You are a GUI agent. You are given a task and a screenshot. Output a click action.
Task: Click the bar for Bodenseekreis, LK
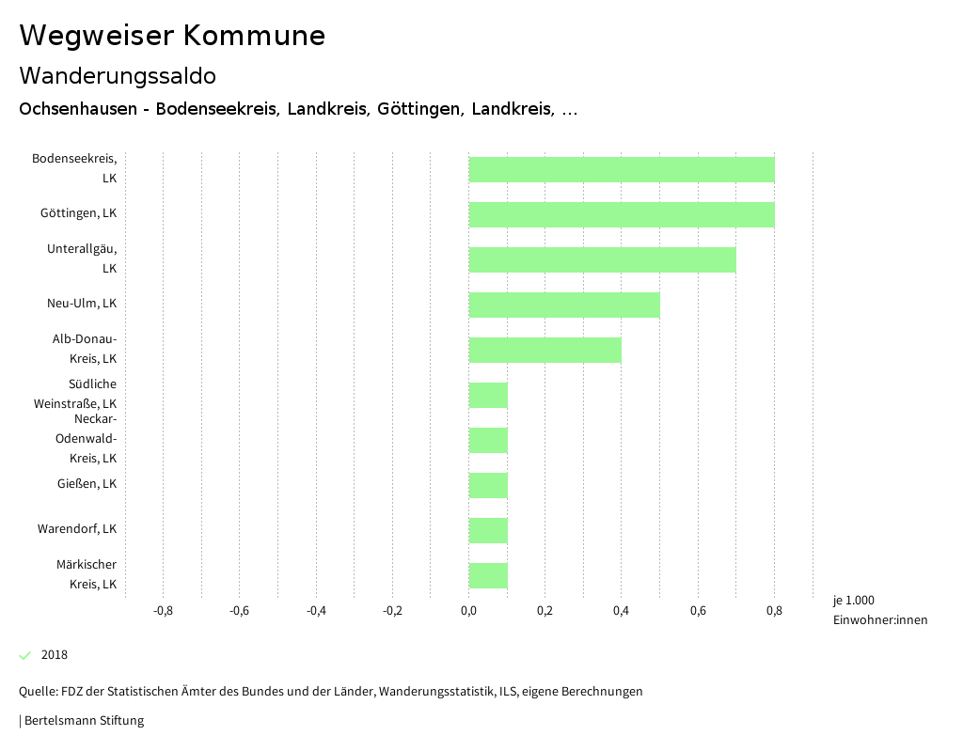(x=621, y=169)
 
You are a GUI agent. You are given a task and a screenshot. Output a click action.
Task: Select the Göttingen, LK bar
(x=621, y=214)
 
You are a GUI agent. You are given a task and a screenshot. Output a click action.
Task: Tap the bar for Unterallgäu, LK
(x=602, y=259)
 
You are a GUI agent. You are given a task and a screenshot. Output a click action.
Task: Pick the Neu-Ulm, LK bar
(x=564, y=305)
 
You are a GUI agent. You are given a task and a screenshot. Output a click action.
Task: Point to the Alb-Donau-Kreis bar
(x=545, y=350)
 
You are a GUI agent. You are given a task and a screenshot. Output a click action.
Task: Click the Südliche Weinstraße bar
(x=488, y=395)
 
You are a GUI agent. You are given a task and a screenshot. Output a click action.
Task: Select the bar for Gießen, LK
(x=488, y=485)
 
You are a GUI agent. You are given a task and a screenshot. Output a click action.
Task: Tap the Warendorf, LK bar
(x=488, y=530)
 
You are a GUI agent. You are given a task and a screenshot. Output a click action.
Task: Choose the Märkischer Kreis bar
(x=488, y=575)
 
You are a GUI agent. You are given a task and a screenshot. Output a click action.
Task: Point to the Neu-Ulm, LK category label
(x=82, y=304)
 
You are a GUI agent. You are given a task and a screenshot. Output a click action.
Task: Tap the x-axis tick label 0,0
(x=468, y=611)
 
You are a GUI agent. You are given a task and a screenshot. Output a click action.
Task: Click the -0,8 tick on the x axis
(x=163, y=611)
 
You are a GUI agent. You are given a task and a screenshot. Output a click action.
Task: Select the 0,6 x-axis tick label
(x=698, y=611)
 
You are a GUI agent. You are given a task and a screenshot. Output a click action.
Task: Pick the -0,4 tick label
(x=316, y=611)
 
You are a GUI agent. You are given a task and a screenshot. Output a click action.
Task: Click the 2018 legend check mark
(x=25, y=655)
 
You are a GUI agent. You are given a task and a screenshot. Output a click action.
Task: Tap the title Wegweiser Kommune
(x=172, y=36)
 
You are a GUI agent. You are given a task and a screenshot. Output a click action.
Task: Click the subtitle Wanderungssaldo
(x=118, y=75)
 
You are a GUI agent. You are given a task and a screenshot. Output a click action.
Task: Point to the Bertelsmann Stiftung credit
(x=83, y=721)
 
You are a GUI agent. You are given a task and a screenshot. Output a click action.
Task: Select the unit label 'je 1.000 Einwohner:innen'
(x=879, y=610)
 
